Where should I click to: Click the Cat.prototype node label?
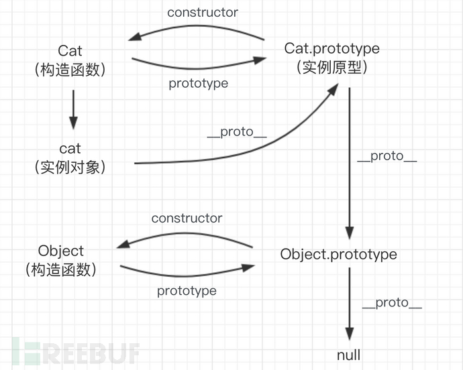click(x=332, y=48)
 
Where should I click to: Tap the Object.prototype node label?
click(x=338, y=255)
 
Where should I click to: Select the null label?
click(x=349, y=355)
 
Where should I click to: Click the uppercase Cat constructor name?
click(x=70, y=51)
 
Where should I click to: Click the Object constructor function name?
click(x=61, y=251)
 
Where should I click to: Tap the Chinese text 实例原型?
click(x=332, y=67)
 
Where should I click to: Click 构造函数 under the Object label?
click(x=61, y=270)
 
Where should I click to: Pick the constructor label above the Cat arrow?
click(x=203, y=12)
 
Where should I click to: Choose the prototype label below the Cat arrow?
click(x=198, y=83)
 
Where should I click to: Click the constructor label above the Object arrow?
click(x=187, y=218)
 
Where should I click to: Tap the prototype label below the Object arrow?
click(x=187, y=290)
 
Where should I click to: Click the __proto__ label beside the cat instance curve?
click(x=237, y=131)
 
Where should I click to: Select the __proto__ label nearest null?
click(x=392, y=302)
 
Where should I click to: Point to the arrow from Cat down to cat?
click(x=73, y=111)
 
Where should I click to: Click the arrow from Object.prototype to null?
click(x=349, y=306)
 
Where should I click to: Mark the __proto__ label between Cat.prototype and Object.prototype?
click(x=387, y=156)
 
